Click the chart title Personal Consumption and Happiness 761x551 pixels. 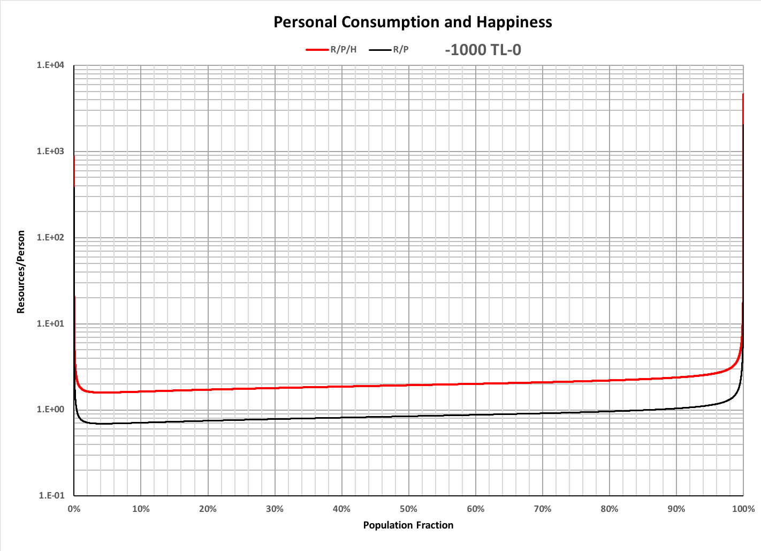pyautogui.click(x=413, y=22)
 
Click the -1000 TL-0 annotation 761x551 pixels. pyautogui.click(x=483, y=50)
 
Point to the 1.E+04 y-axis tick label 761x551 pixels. pyautogui.click(x=50, y=65)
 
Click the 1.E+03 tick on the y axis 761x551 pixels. pyautogui.click(x=50, y=152)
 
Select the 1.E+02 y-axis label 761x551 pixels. pyautogui.click(x=50, y=238)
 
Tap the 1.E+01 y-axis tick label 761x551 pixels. pyautogui.click(x=50, y=323)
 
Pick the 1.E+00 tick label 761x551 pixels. pyautogui.click(x=50, y=410)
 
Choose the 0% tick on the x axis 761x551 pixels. pyautogui.click(x=74, y=509)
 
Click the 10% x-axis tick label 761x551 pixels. pyautogui.click(x=141, y=509)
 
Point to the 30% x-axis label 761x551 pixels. pyautogui.click(x=275, y=509)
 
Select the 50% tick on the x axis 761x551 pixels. pyautogui.click(x=408, y=509)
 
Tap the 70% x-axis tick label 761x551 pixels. pyautogui.click(x=542, y=509)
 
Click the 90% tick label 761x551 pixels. pyautogui.click(x=676, y=509)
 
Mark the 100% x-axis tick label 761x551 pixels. pyautogui.click(x=743, y=509)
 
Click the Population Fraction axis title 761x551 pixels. pyautogui.click(x=408, y=525)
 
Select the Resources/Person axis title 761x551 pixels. pyautogui.click(x=21, y=272)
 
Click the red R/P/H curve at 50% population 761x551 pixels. pyautogui.click(x=409, y=385)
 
